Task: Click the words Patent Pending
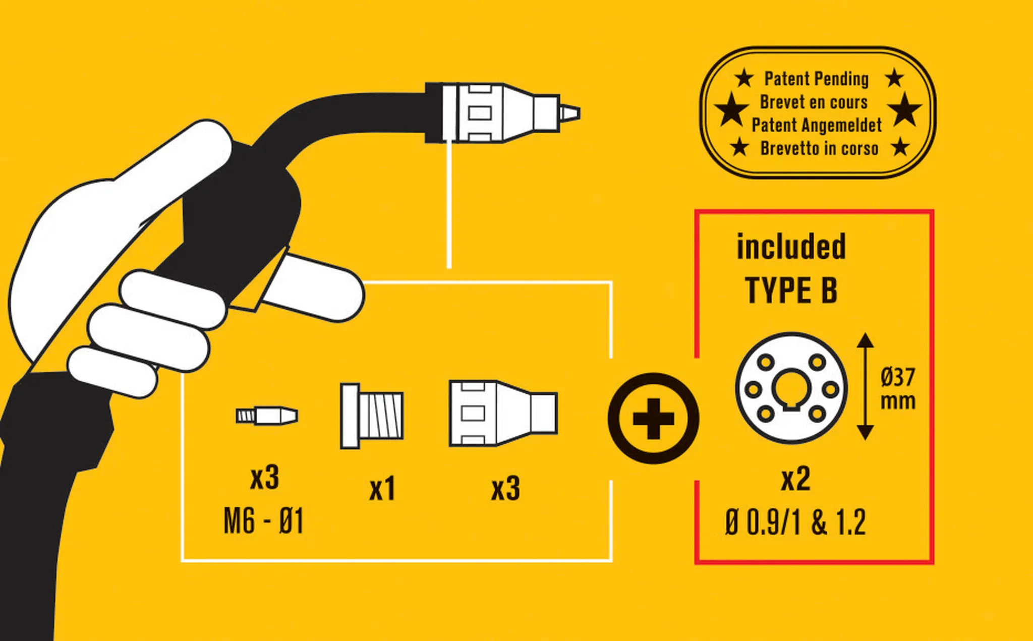point(816,79)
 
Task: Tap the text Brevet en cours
point(814,102)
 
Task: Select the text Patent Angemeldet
point(817,125)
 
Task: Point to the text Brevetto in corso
point(819,148)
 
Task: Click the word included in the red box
point(791,247)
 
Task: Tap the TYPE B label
point(791,290)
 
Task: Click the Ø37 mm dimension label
point(898,389)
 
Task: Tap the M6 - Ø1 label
point(263,521)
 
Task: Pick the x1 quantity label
point(382,489)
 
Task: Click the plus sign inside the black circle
point(653,418)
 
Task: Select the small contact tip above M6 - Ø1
point(267,416)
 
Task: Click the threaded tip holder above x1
point(372,416)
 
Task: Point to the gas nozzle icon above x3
point(503,414)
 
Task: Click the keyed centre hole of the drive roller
point(791,389)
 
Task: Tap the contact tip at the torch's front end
point(569,113)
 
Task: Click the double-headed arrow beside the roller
point(865,386)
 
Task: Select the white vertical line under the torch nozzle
point(449,204)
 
